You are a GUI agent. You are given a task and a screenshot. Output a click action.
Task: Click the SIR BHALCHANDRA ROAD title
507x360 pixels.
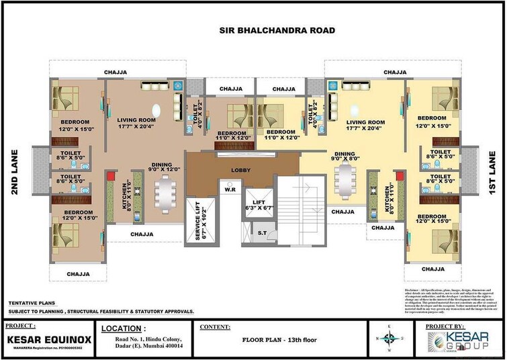click(x=277, y=30)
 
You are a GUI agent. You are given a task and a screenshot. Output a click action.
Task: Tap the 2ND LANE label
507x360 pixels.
click(x=15, y=171)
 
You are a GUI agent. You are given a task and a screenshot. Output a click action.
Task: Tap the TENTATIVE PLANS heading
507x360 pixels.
click(x=32, y=304)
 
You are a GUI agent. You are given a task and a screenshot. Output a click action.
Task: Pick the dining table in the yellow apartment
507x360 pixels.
click(x=345, y=179)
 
